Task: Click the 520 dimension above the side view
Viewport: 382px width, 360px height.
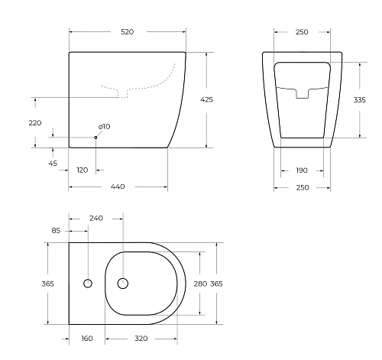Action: point(127,32)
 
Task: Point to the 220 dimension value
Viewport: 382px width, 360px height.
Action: point(35,122)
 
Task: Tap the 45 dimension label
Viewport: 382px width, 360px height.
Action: point(53,162)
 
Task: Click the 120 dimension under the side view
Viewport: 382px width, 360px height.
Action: point(82,170)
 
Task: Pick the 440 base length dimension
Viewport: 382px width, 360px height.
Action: point(118,186)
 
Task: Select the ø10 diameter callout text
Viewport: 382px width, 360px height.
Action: point(104,126)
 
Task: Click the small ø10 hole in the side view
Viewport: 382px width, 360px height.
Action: point(95,137)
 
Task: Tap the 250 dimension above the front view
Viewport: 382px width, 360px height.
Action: point(302,32)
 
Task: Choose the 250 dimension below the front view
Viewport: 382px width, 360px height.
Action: point(302,187)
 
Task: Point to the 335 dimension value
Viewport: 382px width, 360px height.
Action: point(369,99)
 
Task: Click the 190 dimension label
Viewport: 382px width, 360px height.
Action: point(302,170)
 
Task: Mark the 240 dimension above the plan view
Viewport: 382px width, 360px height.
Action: point(96,218)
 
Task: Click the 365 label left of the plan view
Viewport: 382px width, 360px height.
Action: point(47,284)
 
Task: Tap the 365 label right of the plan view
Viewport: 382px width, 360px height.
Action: point(216,284)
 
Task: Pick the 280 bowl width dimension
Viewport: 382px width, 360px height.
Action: point(199,284)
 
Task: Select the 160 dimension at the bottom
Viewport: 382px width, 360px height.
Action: point(86,337)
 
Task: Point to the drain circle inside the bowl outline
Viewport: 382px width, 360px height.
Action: point(122,284)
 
